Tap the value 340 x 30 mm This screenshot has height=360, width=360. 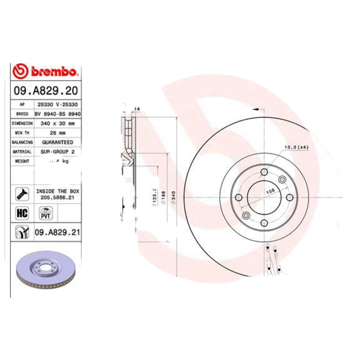pyautogui.click(x=58, y=123)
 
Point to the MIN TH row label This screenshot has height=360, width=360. pyautogui.click(x=22, y=133)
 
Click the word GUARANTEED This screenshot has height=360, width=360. pyautogui.click(x=58, y=142)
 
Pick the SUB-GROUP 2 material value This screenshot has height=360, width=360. pyautogui.click(x=58, y=152)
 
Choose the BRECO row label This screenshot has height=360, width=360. pyautogui.click(x=22, y=113)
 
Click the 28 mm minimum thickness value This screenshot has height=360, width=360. pyautogui.click(x=58, y=133)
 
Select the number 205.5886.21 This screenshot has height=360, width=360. pyautogui.click(x=58, y=197)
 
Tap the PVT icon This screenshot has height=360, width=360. pyautogui.click(x=45, y=213)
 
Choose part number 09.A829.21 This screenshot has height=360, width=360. pyautogui.click(x=57, y=233)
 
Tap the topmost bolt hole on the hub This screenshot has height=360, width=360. pyautogui.click(x=264, y=172)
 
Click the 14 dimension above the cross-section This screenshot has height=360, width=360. pyautogui.click(x=137, y=109)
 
